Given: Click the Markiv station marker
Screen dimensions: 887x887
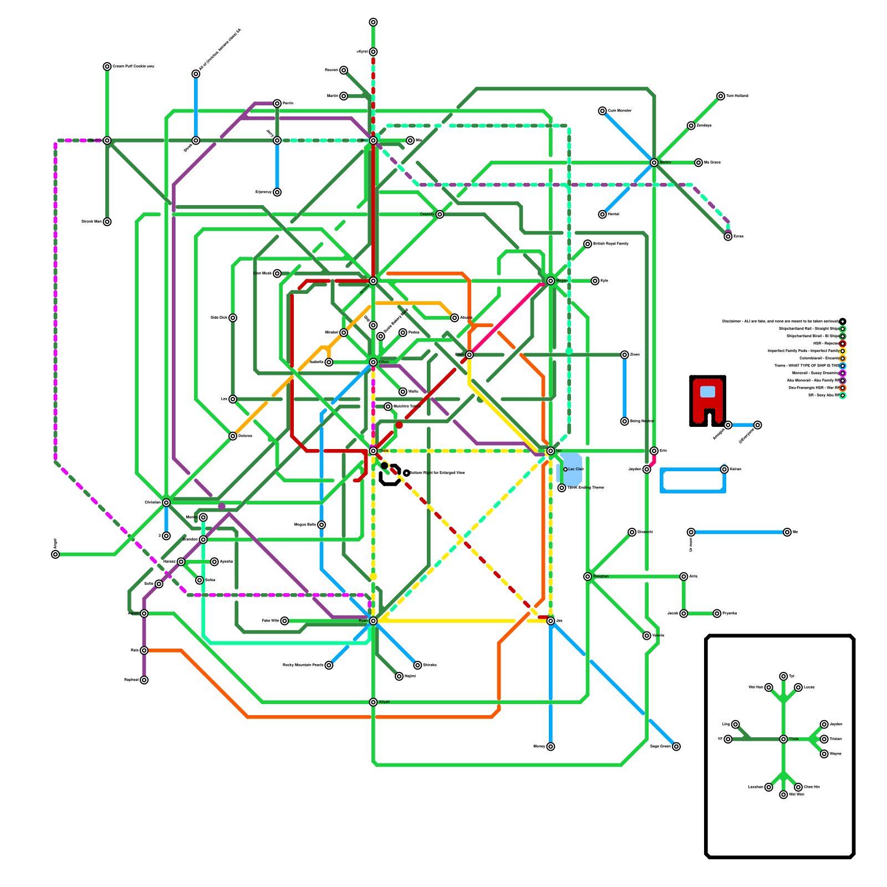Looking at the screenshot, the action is coord(654,162).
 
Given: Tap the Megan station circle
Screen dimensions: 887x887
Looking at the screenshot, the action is coord(550,281).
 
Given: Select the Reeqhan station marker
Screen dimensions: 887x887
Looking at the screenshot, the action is coord(588,577).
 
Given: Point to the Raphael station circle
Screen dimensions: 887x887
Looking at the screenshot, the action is coord(144,680).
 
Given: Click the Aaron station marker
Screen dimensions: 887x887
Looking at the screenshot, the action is coord(144,614).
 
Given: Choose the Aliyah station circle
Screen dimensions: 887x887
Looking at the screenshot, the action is coord(373,702).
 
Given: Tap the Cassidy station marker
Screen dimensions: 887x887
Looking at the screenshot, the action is coord(440,215).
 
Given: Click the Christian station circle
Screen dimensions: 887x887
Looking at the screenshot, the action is coord(166,503).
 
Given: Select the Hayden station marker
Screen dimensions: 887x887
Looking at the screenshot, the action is coord(107,140).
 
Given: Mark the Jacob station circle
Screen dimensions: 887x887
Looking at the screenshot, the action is coord(684,614).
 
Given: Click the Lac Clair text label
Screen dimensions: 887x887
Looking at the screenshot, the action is coord(576,470).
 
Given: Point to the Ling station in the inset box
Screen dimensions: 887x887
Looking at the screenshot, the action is coord(735,725).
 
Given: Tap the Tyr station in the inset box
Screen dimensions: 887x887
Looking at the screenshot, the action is coord(783,676).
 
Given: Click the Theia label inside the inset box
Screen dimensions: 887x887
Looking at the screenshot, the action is coord(794,739).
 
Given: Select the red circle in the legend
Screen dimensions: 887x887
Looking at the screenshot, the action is coord(843,344).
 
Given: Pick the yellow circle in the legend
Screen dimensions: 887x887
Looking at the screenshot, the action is coord(843,351).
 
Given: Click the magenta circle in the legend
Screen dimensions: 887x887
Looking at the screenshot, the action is coord(843,373).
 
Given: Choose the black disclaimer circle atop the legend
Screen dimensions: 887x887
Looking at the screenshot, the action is coord(843,322).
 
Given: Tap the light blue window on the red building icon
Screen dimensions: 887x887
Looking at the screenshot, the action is coord(707,392).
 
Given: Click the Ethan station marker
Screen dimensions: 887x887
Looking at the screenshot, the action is coord(373,362).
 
